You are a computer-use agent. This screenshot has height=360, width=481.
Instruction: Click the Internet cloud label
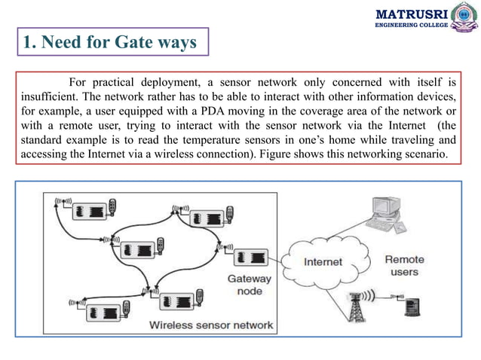[x=323, y=262]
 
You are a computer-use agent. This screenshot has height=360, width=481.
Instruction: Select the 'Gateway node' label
[x=250, y=285]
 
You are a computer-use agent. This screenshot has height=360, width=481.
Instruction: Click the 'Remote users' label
[x=404, y=265]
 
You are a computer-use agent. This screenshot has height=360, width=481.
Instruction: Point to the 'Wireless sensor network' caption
[x=211, y=325]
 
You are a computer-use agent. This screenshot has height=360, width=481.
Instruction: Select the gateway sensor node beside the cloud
[x=250, y=257]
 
